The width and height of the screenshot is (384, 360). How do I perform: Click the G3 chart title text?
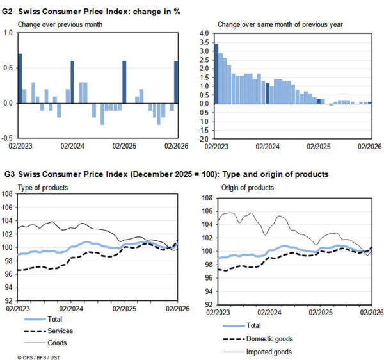coord(166,174)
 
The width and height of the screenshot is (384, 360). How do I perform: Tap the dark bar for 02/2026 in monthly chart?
coord(175,82)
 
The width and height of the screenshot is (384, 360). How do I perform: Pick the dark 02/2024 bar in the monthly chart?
coord(72,82)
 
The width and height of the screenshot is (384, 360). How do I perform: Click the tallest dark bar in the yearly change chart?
coord(216,73)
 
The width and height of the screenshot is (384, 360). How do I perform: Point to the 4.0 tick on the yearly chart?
coord(204,33)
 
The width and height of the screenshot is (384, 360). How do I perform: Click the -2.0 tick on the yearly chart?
coord(203,138)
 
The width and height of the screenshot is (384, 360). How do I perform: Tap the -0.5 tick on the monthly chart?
coord(8,138)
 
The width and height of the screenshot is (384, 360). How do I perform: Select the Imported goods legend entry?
coord(269,351)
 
